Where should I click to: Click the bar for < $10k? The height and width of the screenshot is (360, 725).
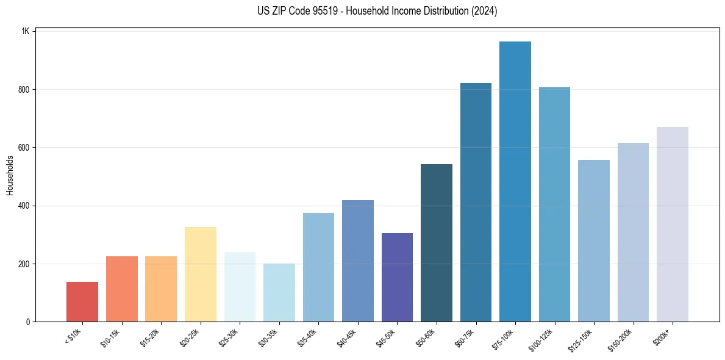tap(82, 301)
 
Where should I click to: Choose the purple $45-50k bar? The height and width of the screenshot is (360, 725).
tap(397, 277)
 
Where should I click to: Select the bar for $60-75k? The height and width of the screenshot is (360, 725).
tap(476, 202)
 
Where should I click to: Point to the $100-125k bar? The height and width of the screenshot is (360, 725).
tap(554, 204)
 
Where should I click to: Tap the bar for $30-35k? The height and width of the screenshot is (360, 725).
tap(279, 292)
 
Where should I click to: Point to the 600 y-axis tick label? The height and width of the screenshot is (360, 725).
tap(24, 148)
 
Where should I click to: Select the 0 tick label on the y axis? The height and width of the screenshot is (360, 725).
tap(28, 322)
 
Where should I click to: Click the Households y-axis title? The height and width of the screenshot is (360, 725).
tap(10, 176)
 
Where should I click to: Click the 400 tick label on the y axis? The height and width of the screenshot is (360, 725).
tap(24, 206)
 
